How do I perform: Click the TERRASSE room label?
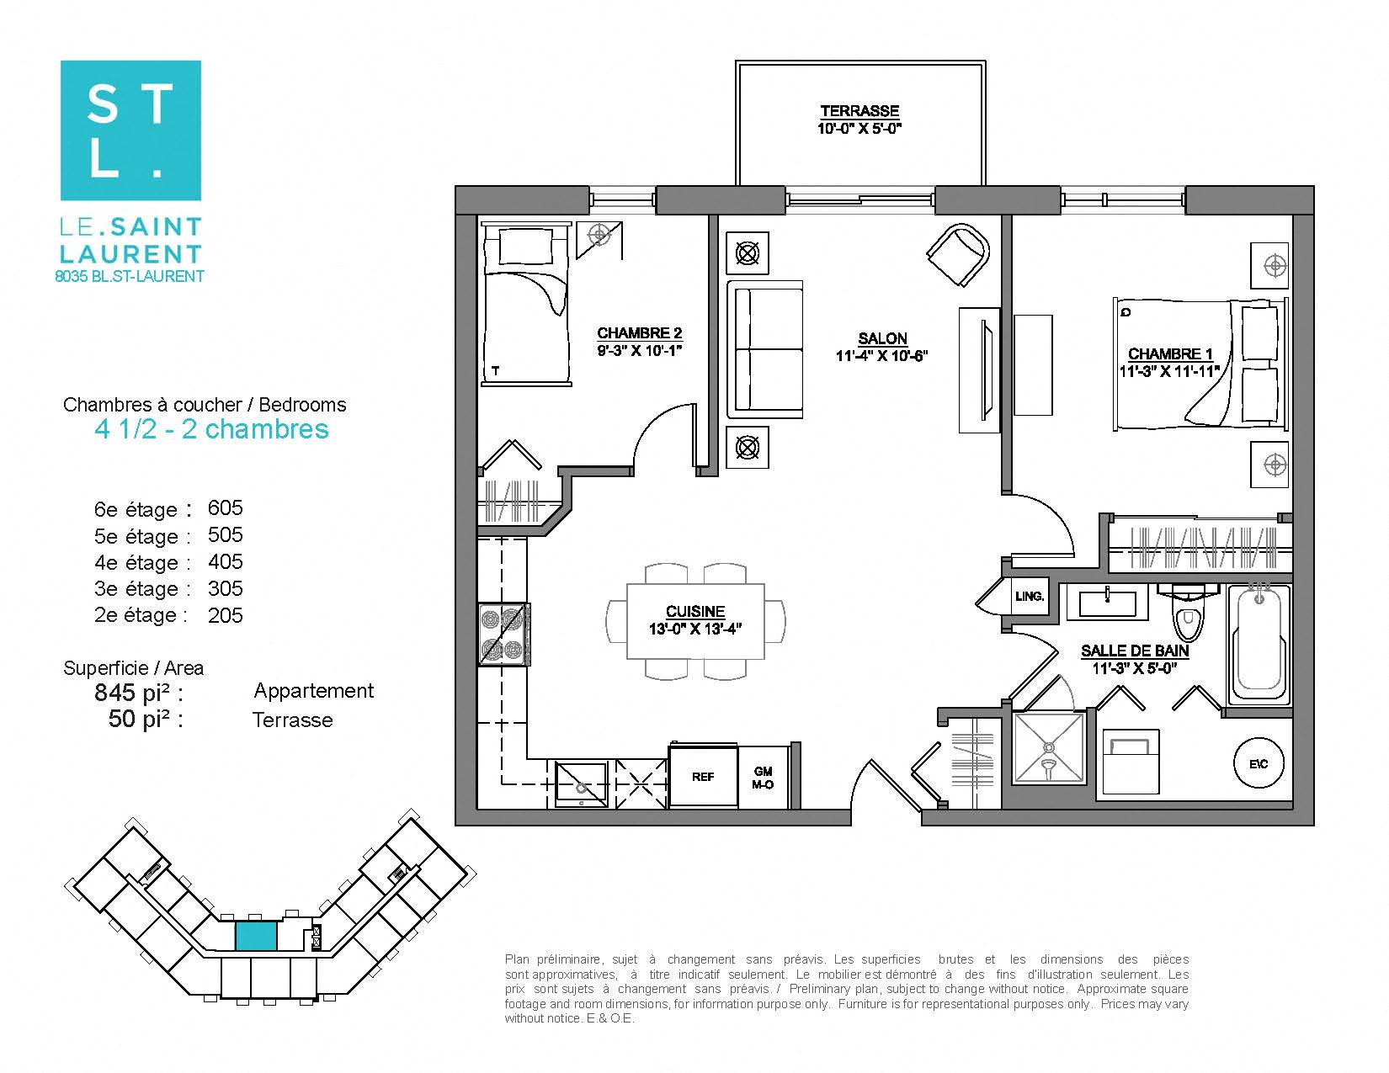[x=859, y=111]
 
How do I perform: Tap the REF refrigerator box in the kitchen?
[x=703, y=777]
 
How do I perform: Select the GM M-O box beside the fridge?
[x=763, y=777]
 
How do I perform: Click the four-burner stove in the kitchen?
[x=503, y=635]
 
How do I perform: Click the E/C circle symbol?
[x=1259, y=764]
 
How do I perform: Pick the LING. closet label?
[x=1030, y=597]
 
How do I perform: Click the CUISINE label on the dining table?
[x=694, y=612]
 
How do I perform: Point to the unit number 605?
[x=225, y=507]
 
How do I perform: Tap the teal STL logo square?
[x=130, y=130]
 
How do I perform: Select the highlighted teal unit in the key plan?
[x=255, y=936]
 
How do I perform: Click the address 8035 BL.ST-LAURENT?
[x=130, y=276]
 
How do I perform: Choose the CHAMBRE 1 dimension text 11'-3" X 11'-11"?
[x=1169, y=370]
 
